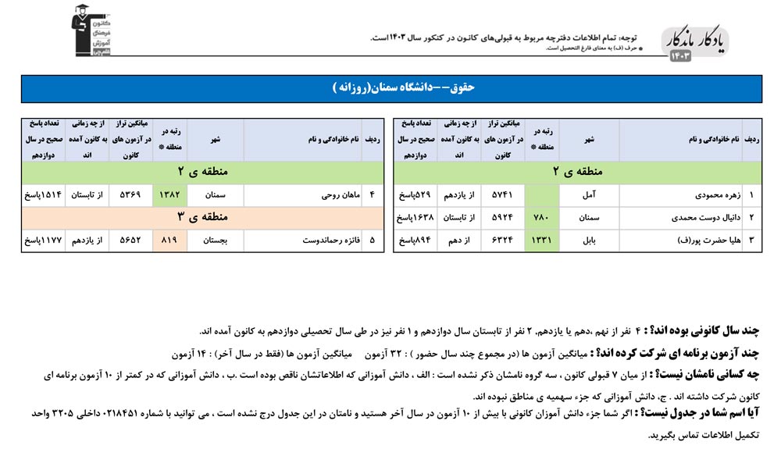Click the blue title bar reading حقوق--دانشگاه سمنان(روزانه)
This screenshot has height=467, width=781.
pyautogui.click(x=390, y=89)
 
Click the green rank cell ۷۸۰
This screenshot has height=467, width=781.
pyautogui.click(x=543, y=218)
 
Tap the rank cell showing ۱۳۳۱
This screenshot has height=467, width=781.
pyautogui.click(x=543, y=241)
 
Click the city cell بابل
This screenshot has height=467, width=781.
pyautogui.click(x=589, y=241)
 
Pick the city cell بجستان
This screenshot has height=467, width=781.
pyautogui.click(x=215, y=241)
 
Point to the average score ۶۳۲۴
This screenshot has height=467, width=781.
pyautogui.click(x=503, y=241)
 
